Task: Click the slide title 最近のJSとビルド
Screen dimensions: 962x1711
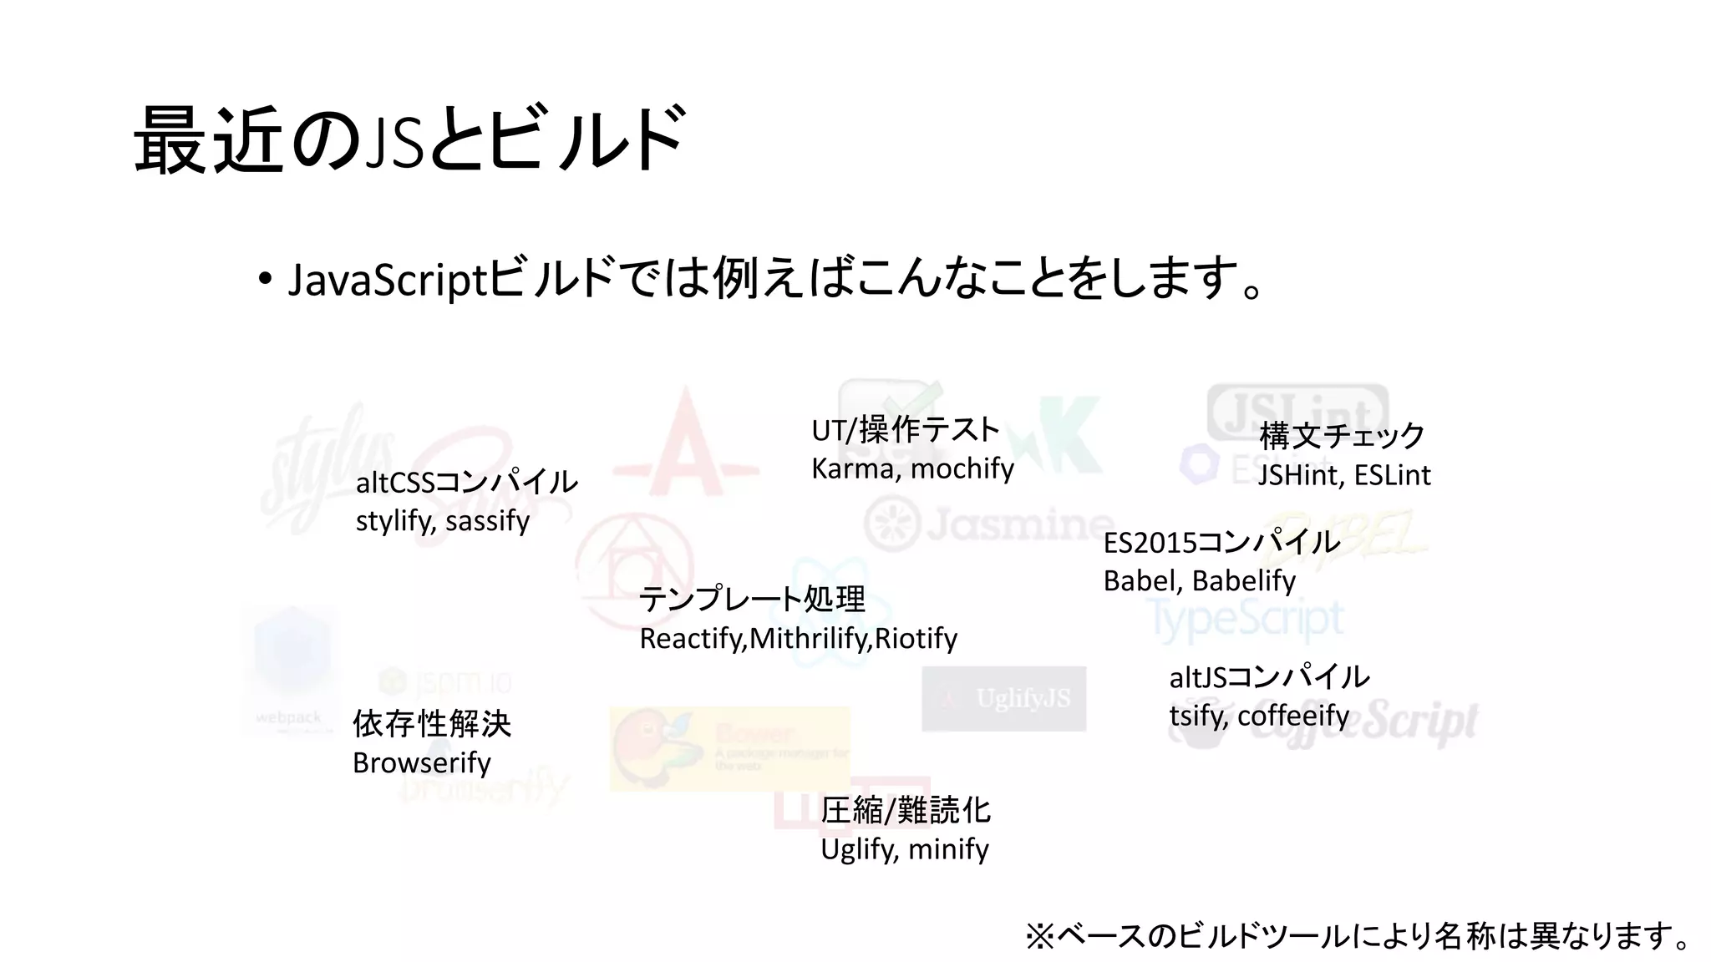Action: [x=409, y=139]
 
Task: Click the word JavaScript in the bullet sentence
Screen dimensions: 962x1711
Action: [x=387, y=279]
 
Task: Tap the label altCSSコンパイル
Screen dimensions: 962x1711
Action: [x=466, y=482]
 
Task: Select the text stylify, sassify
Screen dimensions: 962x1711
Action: [x=443, y=520]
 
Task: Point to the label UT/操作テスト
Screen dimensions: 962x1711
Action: [x=905, y=430]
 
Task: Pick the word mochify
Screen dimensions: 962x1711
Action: [x=962, y=468]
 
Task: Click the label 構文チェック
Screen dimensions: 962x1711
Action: [x=1342, y=436]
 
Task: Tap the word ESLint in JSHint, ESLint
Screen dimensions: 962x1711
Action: [x=1392, y=475]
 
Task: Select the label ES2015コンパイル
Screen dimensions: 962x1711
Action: [x=1221, y=543]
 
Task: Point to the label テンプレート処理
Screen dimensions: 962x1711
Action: [x=752, y=599]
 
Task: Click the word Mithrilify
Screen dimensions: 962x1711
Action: [x=809, y=639]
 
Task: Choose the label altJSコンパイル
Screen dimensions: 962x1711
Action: [x=1269, y=676]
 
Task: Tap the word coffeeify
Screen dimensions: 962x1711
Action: [x=1292, y=716]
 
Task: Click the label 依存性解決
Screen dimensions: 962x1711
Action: [x=431, y=724]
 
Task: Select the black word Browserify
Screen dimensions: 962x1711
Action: [x=422, y=762]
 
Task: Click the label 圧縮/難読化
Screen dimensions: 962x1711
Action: [x=905, y=810]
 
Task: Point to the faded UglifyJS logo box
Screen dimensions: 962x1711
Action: [x=1003, y=698]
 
